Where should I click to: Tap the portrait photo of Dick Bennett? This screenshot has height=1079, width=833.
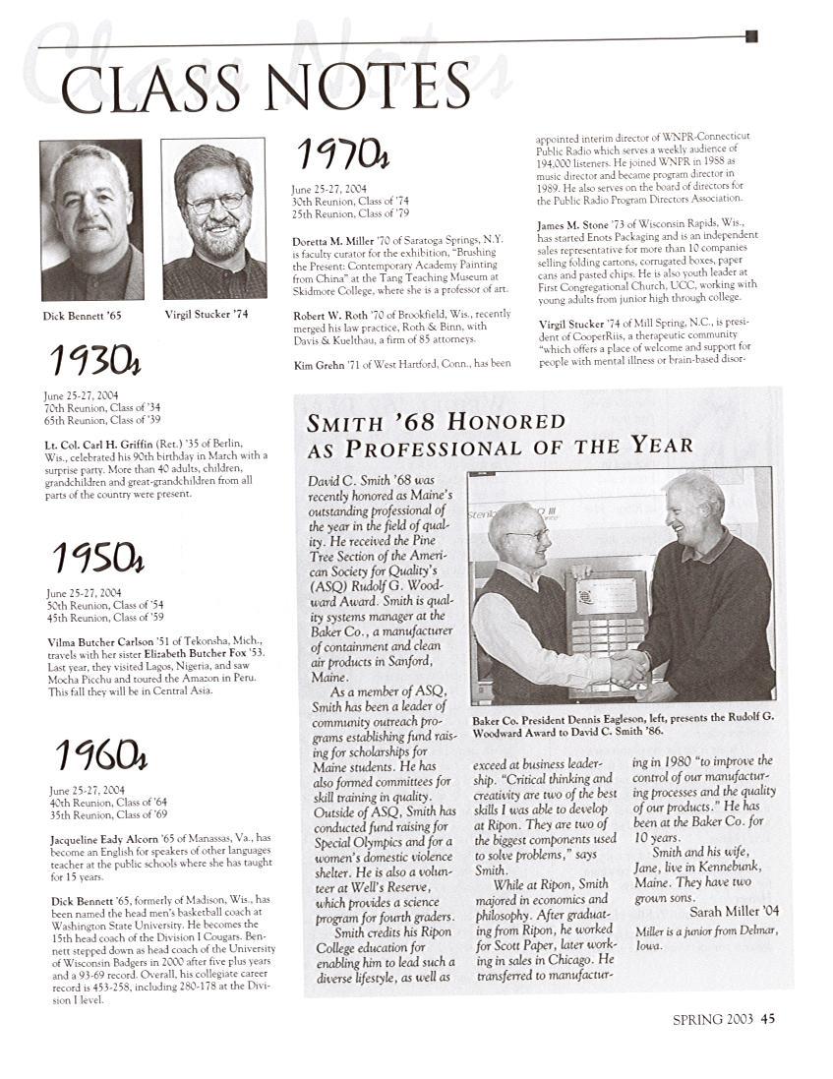pyautogui.click(x=91, y=219)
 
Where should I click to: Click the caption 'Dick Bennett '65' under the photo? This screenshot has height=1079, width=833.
pyautogui.click(x=82, y=316)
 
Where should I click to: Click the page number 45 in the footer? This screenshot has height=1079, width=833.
pyautogui.click(x=767, y=1020)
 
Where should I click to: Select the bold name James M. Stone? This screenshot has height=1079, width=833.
pyautogui.click(x=581, y=224)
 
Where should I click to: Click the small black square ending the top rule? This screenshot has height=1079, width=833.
pyautogui.click(x=751, y=36)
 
